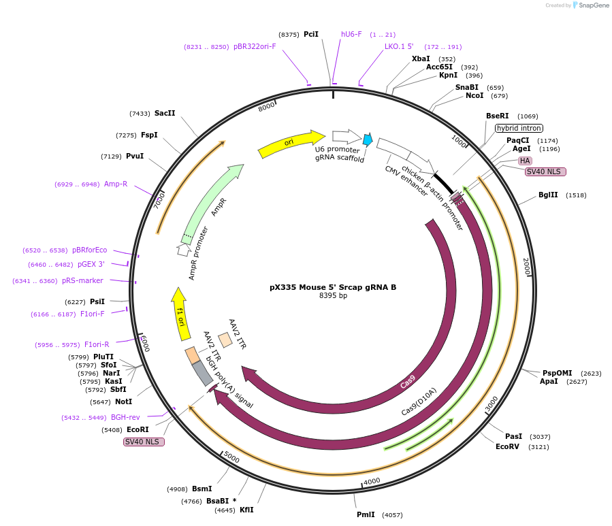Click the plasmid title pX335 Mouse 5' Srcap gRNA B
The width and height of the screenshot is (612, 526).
tap(333, 287)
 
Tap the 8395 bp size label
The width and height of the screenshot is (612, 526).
tap(333, 296)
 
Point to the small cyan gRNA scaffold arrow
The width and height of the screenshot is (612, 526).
tap(368, 139)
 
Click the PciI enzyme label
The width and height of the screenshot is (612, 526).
tap(311, 34)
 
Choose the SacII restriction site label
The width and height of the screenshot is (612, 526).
tap(165, 113)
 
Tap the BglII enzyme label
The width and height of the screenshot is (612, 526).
tap(548, 195)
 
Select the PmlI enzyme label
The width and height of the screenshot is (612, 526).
tap(366, 514)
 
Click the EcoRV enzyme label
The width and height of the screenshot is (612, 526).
tap(508, 446)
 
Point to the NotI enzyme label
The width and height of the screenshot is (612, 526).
tap(123, 401)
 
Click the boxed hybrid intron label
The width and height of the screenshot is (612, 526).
tap(519, 128)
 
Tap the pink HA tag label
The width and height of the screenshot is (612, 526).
tap(525, 161)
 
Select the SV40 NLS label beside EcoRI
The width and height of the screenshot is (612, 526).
tap(144, 442)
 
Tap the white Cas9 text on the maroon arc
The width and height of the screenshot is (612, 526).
tap(408, 384)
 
